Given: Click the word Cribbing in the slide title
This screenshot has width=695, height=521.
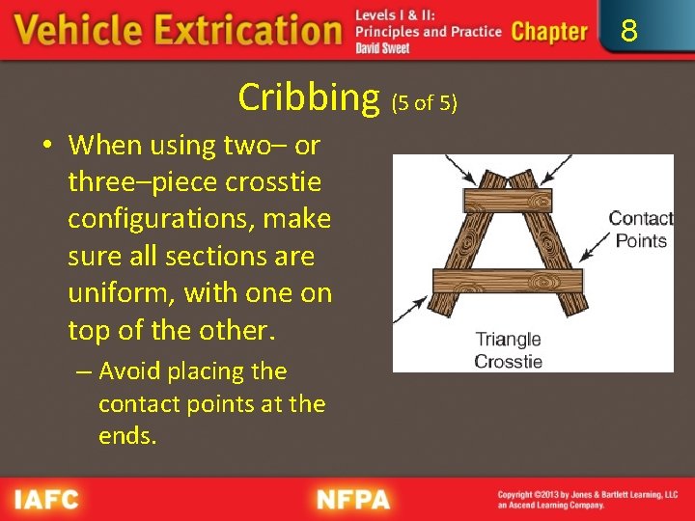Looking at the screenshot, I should coord(310,97).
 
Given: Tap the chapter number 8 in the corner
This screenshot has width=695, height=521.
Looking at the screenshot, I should coord(628,33).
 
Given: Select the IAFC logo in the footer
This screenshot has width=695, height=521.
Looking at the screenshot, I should coord(46,500).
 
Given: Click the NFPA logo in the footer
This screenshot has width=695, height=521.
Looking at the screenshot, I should coord(353,500).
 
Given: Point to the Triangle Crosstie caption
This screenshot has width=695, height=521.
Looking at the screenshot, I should coord(508,350).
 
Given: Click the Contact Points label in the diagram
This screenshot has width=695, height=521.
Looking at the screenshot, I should coord(640,230).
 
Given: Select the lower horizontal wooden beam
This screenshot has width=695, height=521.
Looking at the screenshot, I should coord(508,281).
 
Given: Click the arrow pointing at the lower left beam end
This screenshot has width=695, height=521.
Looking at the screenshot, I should coord(412,308).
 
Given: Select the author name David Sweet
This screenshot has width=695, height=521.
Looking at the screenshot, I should coord(382,48).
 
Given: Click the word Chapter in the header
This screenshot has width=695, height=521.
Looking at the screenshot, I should coord(548,32).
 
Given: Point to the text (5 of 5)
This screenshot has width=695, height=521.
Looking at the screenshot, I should coord(424,101).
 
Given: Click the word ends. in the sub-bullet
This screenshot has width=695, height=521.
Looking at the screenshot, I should coord(126,436).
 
